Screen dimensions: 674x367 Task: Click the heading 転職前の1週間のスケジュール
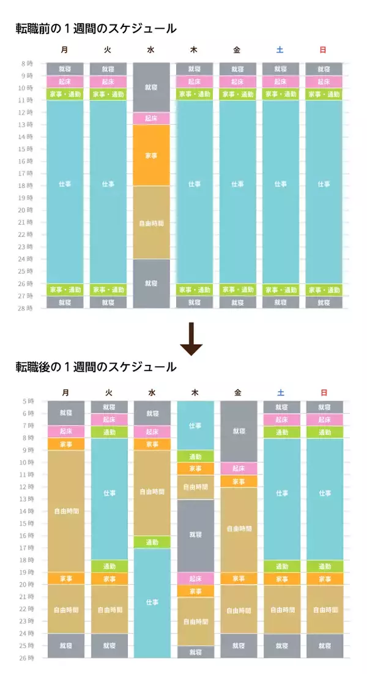point(95,28)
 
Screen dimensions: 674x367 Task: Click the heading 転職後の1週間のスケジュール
point(95,367)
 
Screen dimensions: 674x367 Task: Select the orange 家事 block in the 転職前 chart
point(151,155)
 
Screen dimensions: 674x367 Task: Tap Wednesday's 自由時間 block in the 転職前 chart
point(151,223)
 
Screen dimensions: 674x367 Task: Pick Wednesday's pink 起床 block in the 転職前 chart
point(151,118)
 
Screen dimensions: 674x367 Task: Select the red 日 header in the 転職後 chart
point(324,392)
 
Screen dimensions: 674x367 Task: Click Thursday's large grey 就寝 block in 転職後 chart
point(195,536)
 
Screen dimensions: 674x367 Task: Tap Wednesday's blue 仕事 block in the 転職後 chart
point(152,603)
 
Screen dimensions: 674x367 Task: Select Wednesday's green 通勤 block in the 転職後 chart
point(152,542)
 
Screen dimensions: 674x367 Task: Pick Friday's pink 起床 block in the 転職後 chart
point(239,468)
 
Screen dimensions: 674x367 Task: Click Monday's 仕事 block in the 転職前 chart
point(65,184)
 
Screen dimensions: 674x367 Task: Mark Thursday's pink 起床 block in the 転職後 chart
point(195,579)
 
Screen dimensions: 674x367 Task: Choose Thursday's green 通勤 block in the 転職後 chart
point(195,456)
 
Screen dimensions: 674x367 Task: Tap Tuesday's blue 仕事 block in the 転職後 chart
point(109,493)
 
